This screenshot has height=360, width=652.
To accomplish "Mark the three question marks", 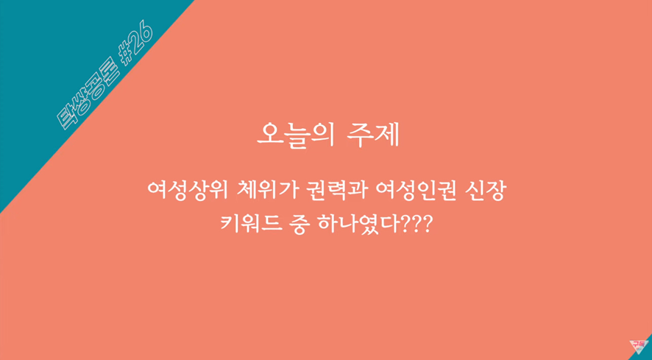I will coord(416,223).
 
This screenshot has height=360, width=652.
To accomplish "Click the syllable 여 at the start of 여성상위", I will coord(155,193).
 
